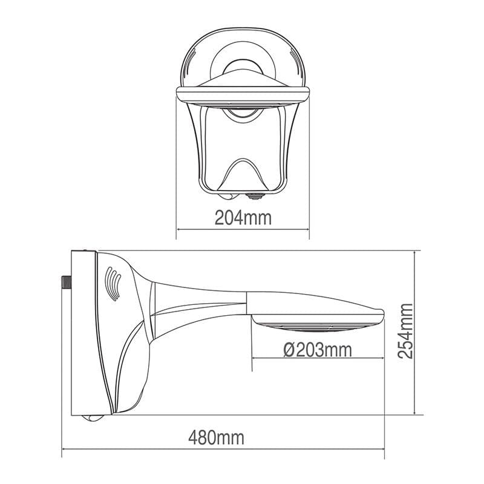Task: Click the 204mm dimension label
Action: (x=243, y=217)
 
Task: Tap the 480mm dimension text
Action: (x=217, y=437)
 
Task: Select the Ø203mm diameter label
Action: (x=318, y=350)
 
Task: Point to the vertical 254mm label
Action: (x=405, y=331)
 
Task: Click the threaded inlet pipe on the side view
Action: (x=66, y=283)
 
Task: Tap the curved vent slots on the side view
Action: (x=113, y=284)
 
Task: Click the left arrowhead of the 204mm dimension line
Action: (x=178, y=229)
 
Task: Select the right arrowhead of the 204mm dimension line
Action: (x=307, y=229)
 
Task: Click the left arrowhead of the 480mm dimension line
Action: (x=64, y=449)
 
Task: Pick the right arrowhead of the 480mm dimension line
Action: (x=382, y=449)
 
